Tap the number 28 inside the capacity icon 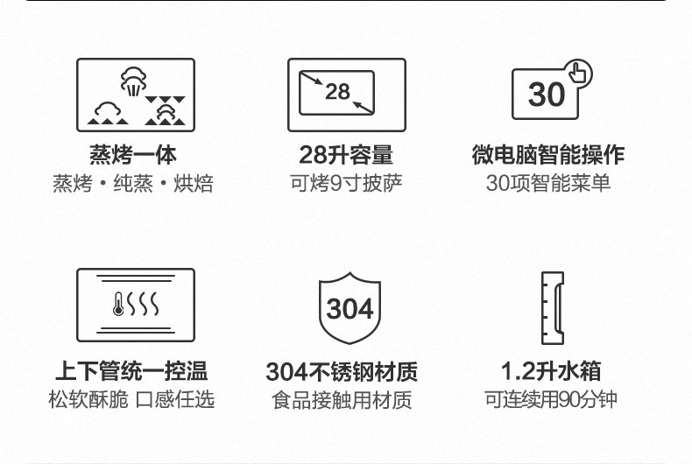[337, 92]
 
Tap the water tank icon [552, 306]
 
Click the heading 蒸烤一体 [133, 155]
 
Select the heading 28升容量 [346, 155]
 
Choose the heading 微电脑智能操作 [548, 155]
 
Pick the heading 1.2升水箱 [551, 370]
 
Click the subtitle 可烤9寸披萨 [346, 183]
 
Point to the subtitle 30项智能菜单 [548, 183]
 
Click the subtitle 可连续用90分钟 [551, 399]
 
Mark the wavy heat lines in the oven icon [145, 306]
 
